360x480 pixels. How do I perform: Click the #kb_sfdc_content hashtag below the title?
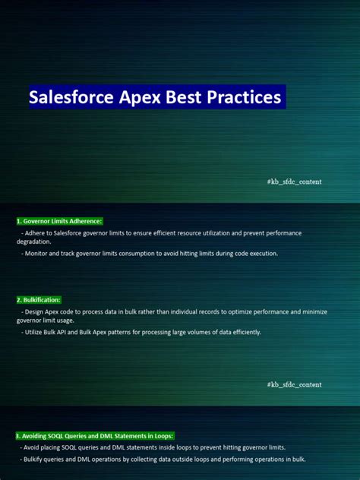pyautogui.click(x=294, y=182)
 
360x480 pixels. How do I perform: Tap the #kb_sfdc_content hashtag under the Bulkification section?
pyautogui.click(x=294, y=385)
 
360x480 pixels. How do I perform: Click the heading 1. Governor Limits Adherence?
pyautogui.click(x=58, y=221)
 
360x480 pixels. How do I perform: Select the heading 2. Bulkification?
pyautogui.click(x=38, y=301)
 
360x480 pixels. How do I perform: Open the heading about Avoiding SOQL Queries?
pyautogui.click(x=95, y=436)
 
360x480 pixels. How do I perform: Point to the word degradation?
pyautogui.click(x=33, y=242)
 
